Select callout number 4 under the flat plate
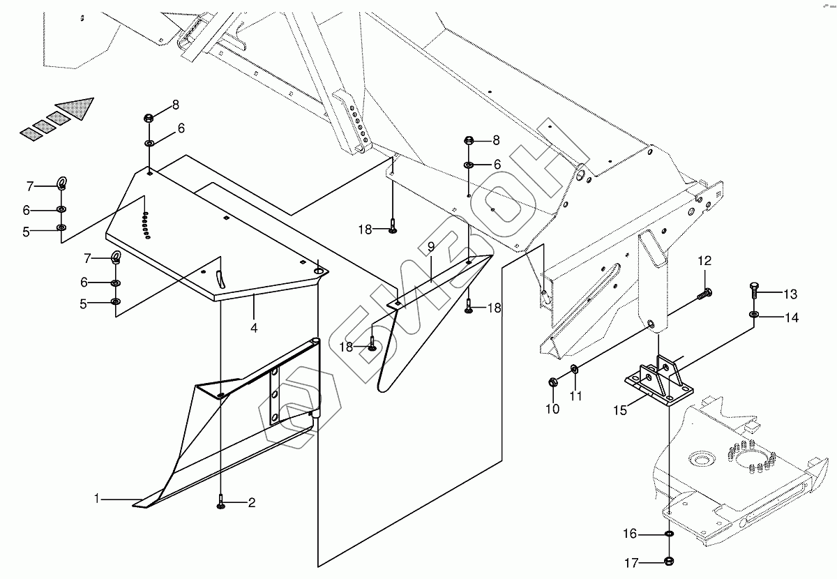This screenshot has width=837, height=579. (x=254, y=328)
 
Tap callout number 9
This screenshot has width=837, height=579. (x=431, y=246)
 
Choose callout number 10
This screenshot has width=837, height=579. (x=552, y=409)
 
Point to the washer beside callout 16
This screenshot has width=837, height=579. (x=669, y=534)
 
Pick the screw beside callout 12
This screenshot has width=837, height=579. (x=703, y=294)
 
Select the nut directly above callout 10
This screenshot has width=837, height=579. (x=552, y=382)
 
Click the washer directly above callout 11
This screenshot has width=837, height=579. (x=573, y=369)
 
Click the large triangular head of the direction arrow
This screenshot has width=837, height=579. (x=76, y=109)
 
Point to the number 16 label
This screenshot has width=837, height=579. (x=630, y=534)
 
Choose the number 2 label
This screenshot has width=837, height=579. (x=252, y=502)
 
